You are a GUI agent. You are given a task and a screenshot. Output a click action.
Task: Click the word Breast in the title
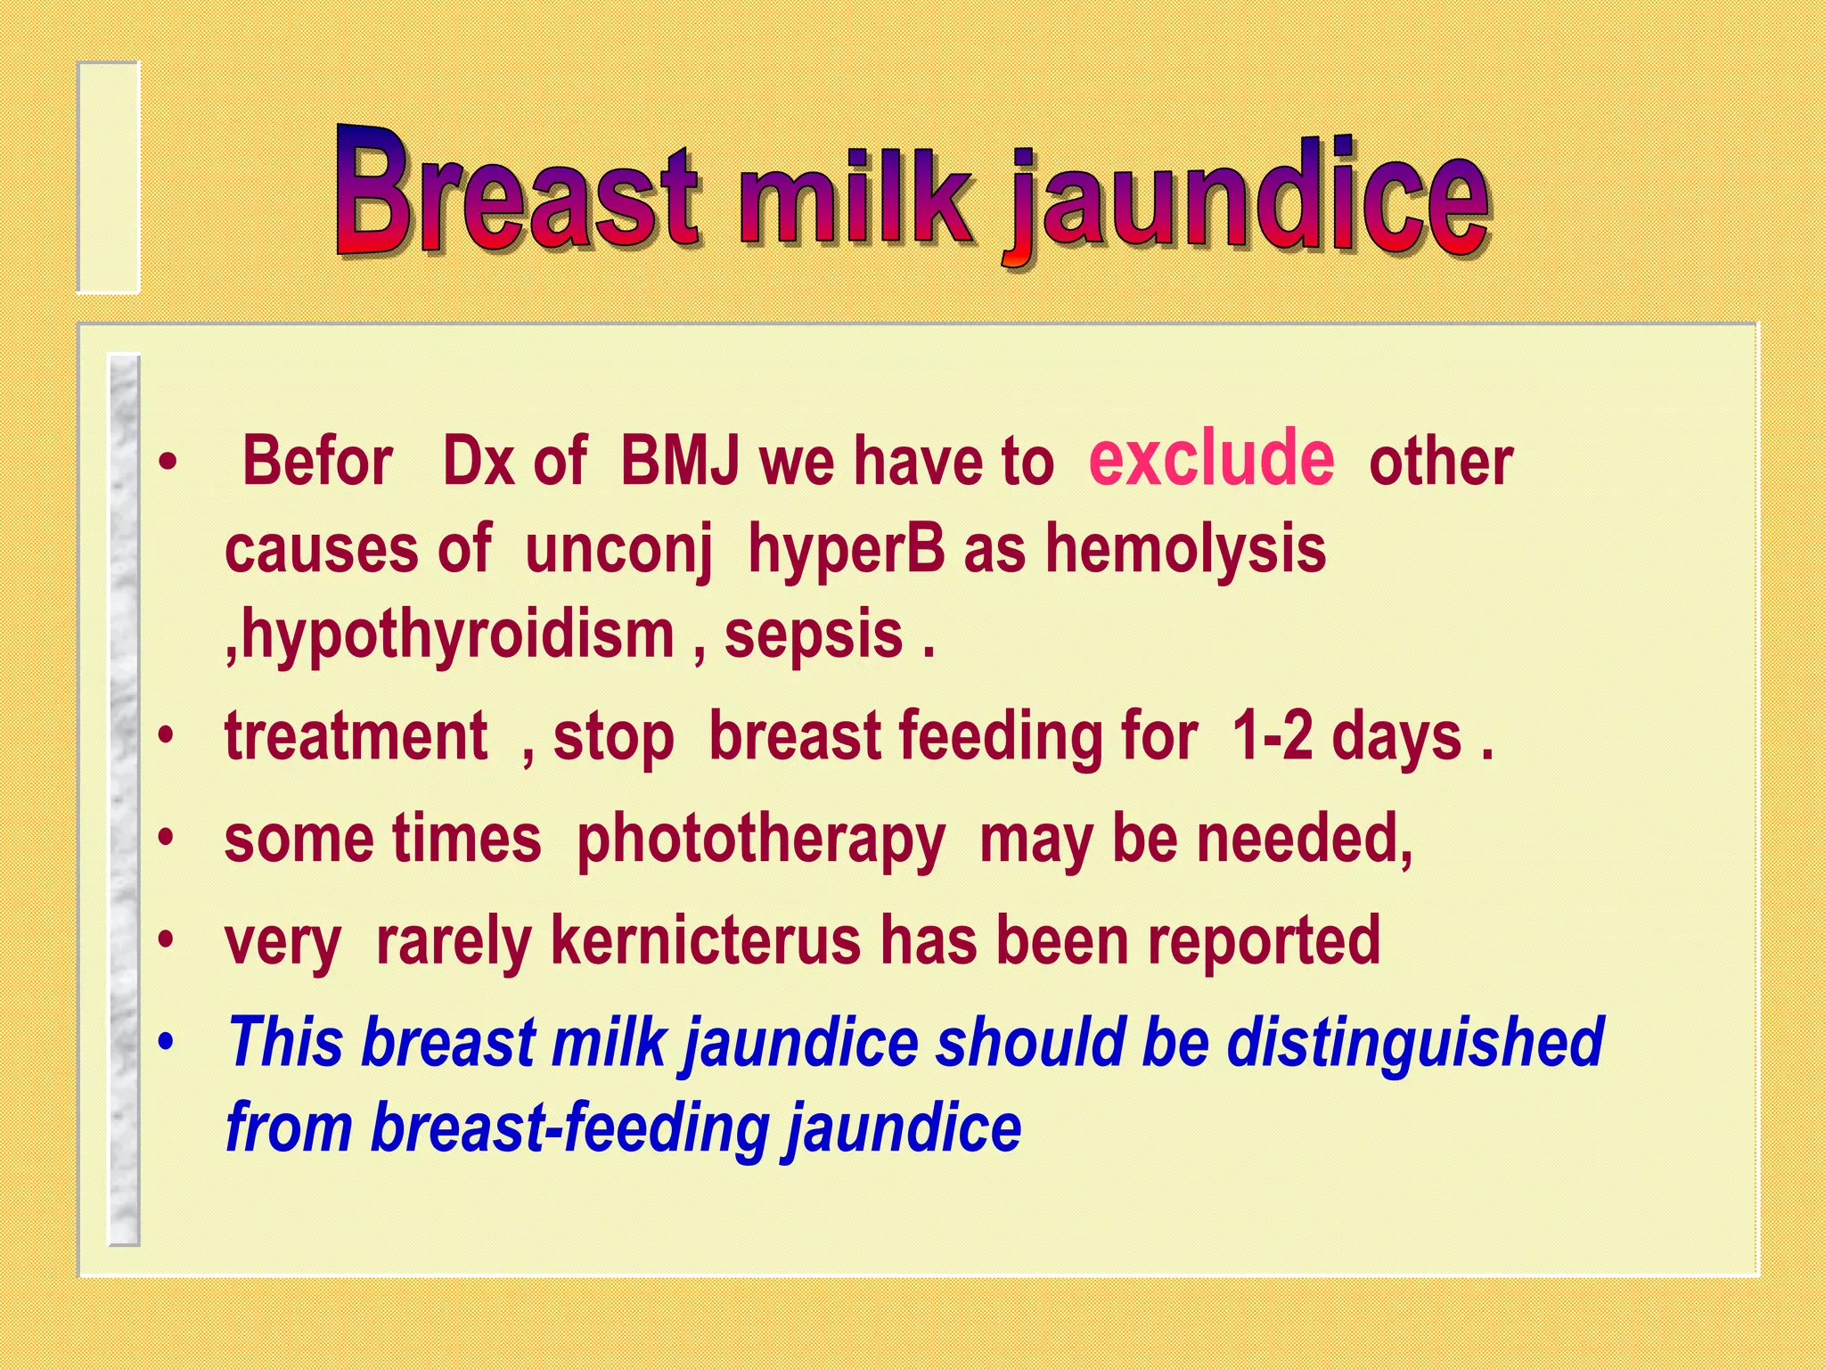tap(517, 192)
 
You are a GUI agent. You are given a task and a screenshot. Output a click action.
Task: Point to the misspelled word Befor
tap(317, 462)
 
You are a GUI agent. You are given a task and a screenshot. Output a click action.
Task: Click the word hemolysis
tap(1185, 547)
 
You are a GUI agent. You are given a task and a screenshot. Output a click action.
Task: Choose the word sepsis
tap(814, 635)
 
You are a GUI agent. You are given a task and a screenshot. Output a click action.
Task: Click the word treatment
tap(356, 736)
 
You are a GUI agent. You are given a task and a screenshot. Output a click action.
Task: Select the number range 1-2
tap(1272, 736)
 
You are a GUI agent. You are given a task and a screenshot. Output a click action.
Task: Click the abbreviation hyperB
tap(846, 547)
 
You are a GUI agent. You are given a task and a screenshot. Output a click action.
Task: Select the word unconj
tap(618, 549)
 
